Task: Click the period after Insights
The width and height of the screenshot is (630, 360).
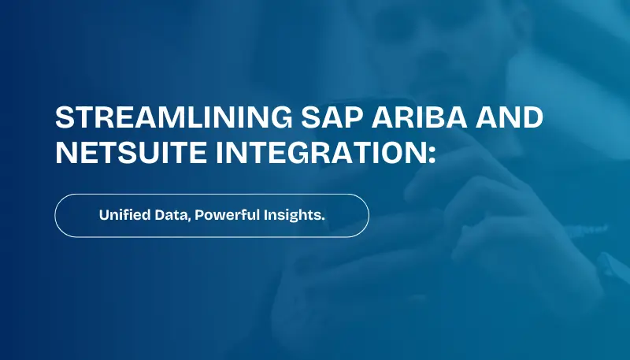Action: pos(323,219)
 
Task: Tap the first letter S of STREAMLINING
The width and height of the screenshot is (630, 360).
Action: pos(64,118)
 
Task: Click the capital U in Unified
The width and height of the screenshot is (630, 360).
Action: pos(104,215)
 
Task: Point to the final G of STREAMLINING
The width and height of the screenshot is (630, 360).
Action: pos(283,118)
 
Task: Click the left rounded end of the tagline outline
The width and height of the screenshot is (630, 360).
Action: pos(56,215)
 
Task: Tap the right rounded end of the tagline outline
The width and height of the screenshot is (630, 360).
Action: pos(368,215)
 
